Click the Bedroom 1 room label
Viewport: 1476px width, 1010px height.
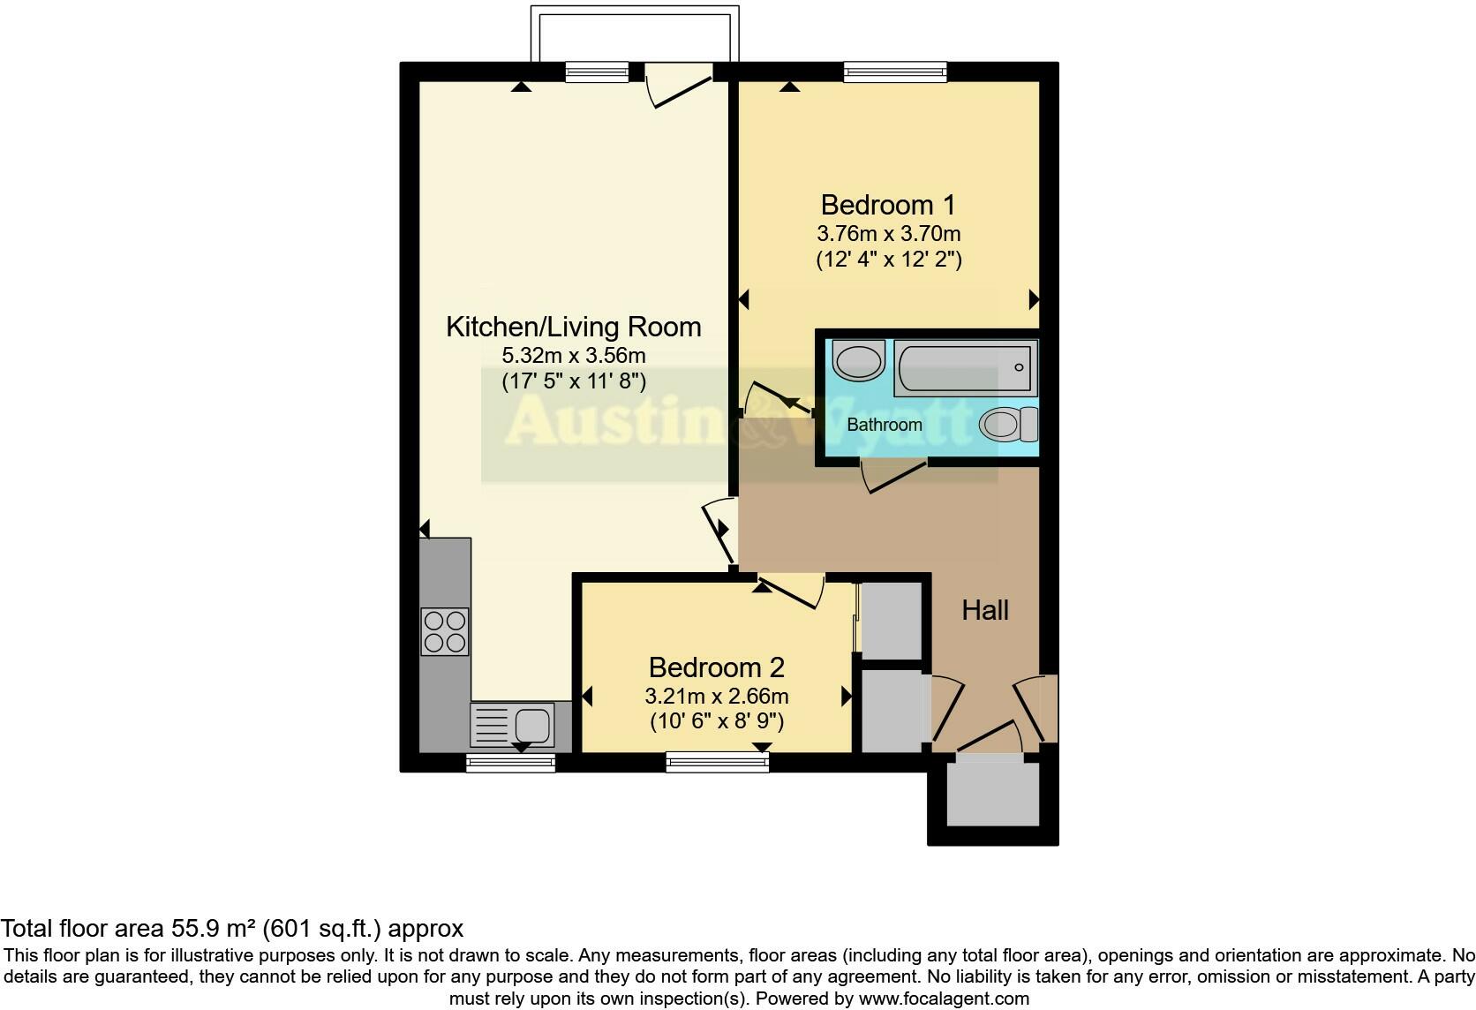coord(888,205)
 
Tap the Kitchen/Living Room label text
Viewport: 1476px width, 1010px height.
coord(573,327)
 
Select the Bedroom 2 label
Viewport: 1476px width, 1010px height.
coord(716,667)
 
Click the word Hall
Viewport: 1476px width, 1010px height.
coord(985,610)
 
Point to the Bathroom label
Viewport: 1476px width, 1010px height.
coord(884,425)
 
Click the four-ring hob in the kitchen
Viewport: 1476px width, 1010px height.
coord(445,632)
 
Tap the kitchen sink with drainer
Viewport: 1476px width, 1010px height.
coord(512,725)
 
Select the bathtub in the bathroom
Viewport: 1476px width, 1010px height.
coord(965,368)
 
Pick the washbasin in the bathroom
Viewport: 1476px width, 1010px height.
coord(857,360)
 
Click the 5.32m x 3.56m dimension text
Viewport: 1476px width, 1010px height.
coord(573,356)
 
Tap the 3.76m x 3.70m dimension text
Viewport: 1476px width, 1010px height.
coord(888,234)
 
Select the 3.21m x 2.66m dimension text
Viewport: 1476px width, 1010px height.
coord(716,696)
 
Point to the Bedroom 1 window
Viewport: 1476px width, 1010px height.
coord(894,72)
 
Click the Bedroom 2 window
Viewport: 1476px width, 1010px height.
coord(717,761)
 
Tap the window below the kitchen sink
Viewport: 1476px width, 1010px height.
coord(510,763)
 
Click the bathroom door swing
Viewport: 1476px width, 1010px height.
coord(893,474)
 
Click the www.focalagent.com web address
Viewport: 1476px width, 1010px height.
coord(943,999)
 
